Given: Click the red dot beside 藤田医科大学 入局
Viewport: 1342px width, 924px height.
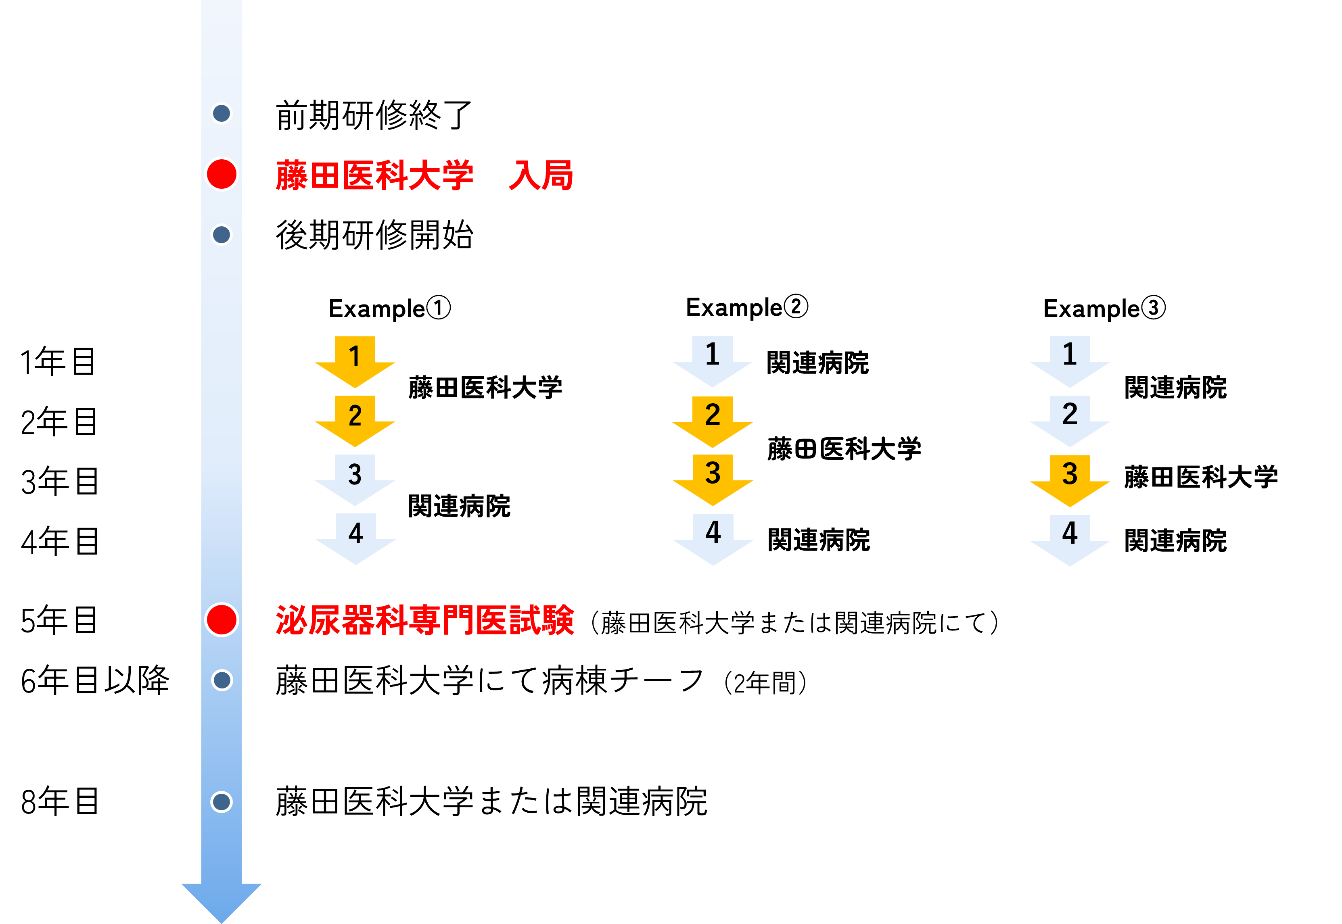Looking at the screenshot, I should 221,174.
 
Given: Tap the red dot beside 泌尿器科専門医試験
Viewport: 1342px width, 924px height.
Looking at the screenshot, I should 221,619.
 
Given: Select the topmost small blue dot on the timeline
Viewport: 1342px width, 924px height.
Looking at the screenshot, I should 221,113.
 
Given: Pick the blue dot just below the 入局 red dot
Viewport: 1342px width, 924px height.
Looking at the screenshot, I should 221,234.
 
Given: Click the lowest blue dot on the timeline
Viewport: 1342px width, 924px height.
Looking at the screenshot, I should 221,802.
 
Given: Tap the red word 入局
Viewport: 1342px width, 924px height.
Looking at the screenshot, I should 540,175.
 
